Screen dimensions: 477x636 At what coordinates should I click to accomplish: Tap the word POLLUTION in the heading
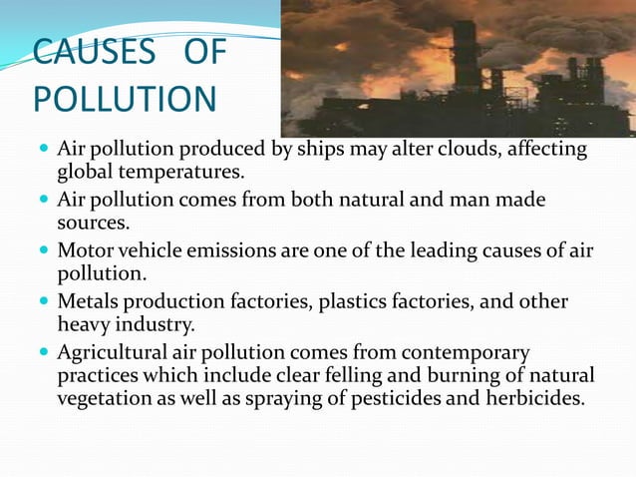pos(124,100)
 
